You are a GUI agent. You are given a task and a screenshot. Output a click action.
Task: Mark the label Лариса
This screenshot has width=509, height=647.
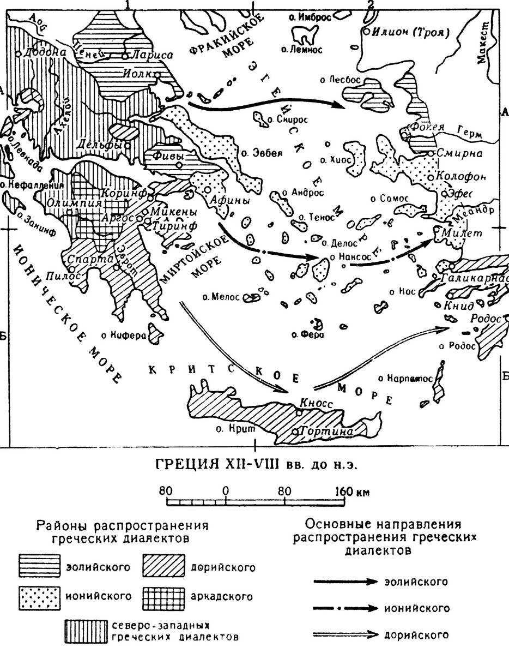[154, 55]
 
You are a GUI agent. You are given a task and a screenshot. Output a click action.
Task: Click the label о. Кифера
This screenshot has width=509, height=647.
[124, 335]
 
